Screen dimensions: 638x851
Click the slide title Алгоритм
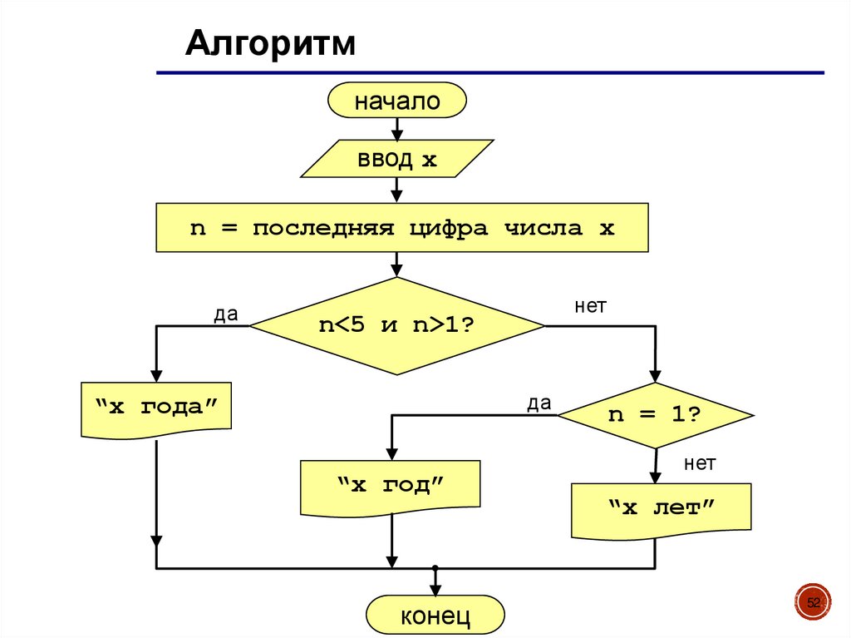click(x=270, y=43)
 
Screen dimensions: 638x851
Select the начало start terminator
click(x=397, y=101)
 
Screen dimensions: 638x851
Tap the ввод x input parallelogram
click(x=396, y=159)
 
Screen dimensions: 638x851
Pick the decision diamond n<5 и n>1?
click(x=397, y=325)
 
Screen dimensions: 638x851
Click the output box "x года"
click(x=156, y=408)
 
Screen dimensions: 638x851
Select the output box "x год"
click(x=391, y=486)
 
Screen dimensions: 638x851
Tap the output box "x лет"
click(x=662, y=507)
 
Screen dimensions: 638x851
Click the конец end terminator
click(x=435, y=616)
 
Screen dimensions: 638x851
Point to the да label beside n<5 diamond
click(x=225, y=314)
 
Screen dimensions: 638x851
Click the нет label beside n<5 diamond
click(x=591, y=306)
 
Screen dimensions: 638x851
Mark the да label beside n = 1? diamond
click(x=539, y=403)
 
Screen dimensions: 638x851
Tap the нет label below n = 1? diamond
click(x=700, y=463)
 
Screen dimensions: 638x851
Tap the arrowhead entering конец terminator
click(x=435, y=588)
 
